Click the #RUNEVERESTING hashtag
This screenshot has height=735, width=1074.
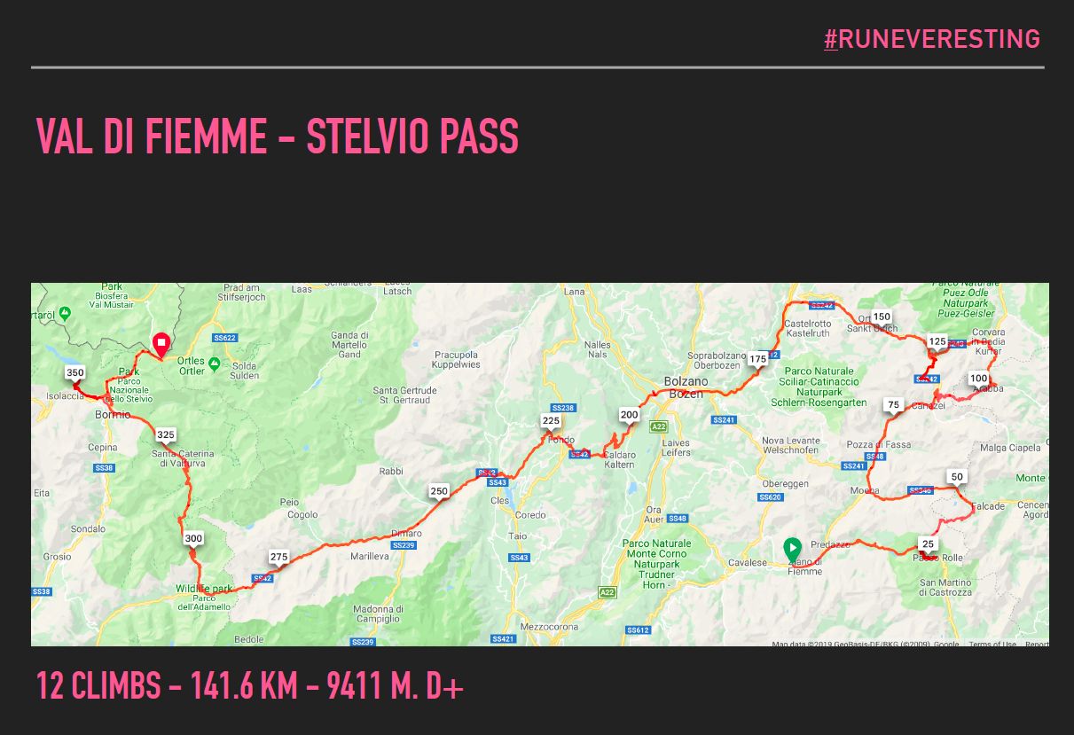click(x=931, y=39)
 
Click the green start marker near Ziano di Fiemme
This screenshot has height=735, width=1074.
click(x=792, y=549)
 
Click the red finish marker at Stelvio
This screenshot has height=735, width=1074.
click(x=161, y=342)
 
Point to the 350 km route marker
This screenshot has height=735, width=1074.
click(x=74, y=373)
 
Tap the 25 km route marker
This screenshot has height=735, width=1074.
click(x=928, y=544)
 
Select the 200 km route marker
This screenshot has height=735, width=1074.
click(x=629, y=415)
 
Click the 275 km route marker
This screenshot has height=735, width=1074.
click(x=278, y=557)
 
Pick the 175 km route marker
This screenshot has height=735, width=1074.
click(x=757, y=359)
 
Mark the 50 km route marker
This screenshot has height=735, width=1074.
click(x=956, y=477)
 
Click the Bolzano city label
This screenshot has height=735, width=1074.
click(x=686, y=381)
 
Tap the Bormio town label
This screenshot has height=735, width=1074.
click(x=113, y=415)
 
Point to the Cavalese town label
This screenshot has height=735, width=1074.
click(x=747, y=563)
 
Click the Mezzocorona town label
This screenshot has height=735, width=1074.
click(x=550, y=627)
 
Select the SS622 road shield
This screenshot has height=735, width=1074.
click(x=224, y=338)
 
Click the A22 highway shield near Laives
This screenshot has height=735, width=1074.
click(x=658, y=426)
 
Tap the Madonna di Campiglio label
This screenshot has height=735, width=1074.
click(x=379, y=614)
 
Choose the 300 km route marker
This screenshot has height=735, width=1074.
click(x=193, y=538)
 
